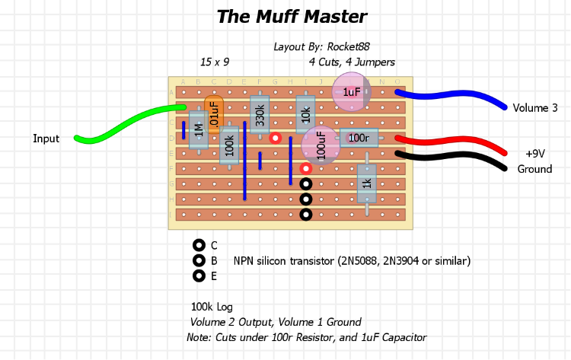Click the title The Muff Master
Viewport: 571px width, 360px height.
pos(292,17)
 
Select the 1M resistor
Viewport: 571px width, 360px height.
pos(199,130)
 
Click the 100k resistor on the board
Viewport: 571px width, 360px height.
pos(229,145)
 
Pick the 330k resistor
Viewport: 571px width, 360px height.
pos(260,115)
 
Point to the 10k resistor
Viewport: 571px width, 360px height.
pos(305,115)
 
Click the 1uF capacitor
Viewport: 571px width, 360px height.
pos(352,92)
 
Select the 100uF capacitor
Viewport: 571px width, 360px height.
pos(321,145)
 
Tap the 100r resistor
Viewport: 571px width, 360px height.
pos(359,138)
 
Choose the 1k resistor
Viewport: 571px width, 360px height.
pos(366,183)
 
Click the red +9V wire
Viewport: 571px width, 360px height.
pos(457,142)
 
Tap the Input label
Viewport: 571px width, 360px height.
pos(46,139)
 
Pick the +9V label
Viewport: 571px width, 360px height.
pos(535,153)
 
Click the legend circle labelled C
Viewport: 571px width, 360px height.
pos(199,245)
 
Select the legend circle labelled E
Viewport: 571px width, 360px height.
pos(199,276)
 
